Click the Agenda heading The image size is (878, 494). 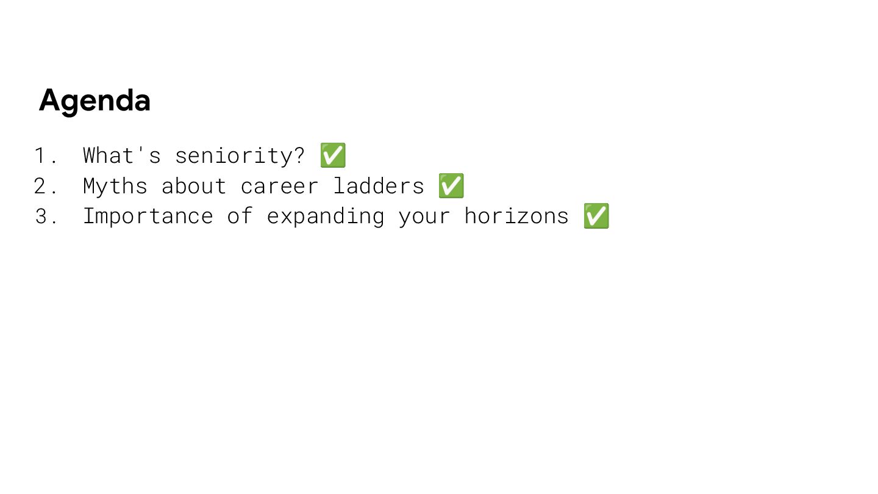(x=95, y=101)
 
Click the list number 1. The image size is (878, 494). (x=41, y=156)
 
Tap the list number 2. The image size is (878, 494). (x=41, y=187)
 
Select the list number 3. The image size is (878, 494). (x=41, y=217)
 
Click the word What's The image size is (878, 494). (x=122, y=156)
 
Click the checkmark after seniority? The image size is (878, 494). (x=333, y=156)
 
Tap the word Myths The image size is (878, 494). (x=115, y=186)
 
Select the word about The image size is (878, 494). (x=194, y=186)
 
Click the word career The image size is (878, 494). (x=279, y=186)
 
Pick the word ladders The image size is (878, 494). (x=378, y=186)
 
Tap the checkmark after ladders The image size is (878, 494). (x=451, y=186)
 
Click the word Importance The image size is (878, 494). (x=148, y=217)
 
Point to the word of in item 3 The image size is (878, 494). (x=240, y=217)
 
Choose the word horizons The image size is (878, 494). (x=516, y=217)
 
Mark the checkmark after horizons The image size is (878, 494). (x=596, y=217)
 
